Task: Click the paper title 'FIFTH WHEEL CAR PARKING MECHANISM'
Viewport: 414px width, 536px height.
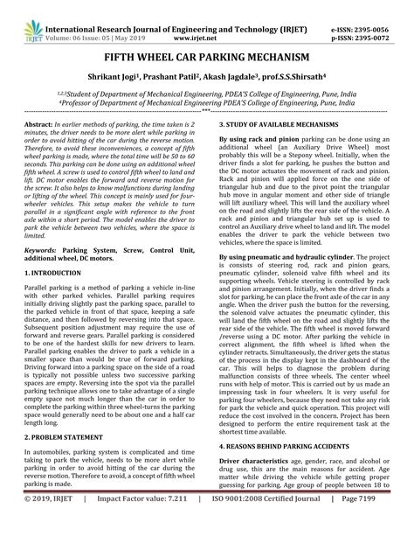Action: (x=206, y=52)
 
